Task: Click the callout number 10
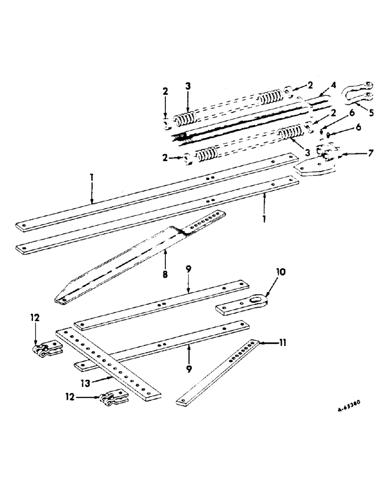pyautogui.click(x=281, y=272)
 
